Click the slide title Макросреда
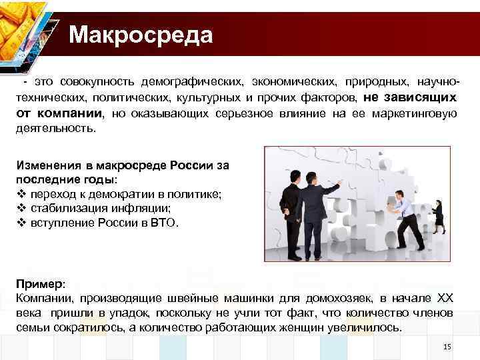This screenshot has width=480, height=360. pyautogui.click(x=141, y=34)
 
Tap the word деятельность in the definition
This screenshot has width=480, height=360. pyautogui.click(x=55, y=128)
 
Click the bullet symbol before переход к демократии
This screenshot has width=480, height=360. pyautogui.click(x=19, y=193)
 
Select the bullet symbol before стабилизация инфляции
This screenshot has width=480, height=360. pyautogui.click(x=19, y=208)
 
